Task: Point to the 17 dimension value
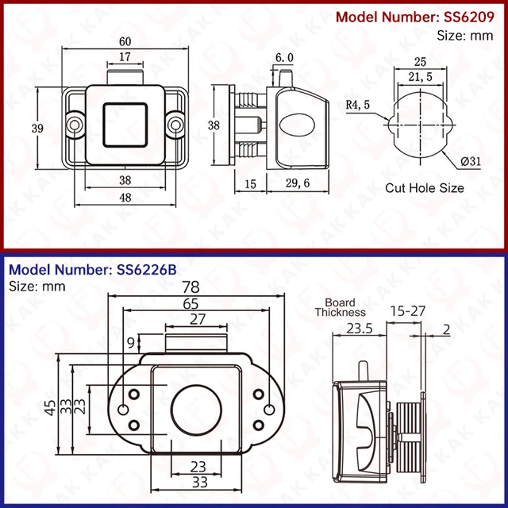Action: tap(125, 57)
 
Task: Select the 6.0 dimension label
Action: tap(284, 58)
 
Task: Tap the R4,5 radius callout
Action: tap(358, 103)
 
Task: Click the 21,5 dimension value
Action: tap(420, 76)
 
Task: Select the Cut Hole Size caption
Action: tap(425, 188)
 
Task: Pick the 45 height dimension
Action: tap(50, 408)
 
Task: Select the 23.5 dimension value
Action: tap(359, 328)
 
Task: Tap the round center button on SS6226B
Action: tap(194, 410)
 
